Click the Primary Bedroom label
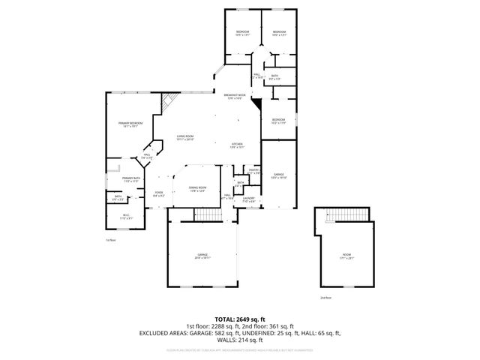coord(132,124)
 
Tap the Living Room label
coord(185,138)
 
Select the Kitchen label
coord(237,145)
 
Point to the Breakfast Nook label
coord(234,97)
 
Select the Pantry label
coord(253,172)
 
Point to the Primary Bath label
coord(132,179)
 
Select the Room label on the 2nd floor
coord(346,257)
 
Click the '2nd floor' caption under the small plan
coord(325,298)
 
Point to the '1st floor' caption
coord(111,239)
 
